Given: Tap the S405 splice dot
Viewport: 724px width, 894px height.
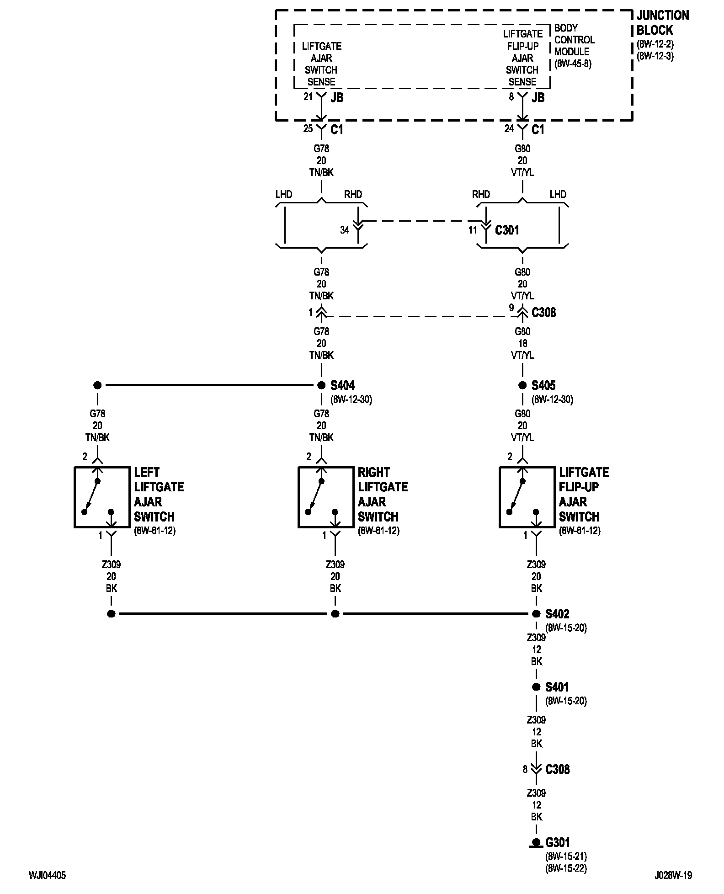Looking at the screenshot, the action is point(522,385).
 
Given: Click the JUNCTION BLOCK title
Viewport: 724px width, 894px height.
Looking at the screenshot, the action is point(663,23).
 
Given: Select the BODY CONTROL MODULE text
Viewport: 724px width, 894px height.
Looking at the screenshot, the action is point(575,40).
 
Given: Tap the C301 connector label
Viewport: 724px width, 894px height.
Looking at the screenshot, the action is point(507,230).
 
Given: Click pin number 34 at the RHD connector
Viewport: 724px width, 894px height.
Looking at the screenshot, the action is point(345,230).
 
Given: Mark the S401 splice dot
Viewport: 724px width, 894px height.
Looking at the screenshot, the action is point(536,687).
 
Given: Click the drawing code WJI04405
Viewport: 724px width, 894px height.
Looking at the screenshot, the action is point(48,875).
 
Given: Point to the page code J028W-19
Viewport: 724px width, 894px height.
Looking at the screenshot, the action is point(673,875).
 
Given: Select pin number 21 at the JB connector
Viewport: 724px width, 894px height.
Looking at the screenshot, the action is point(308,96).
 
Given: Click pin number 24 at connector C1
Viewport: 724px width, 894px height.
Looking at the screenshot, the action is point(509,129).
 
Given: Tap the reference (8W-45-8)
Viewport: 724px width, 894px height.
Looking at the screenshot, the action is point(573,64).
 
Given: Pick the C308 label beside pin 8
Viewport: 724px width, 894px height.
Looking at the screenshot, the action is point(558,769).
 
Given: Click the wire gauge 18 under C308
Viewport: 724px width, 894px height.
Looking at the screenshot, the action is point(522,343).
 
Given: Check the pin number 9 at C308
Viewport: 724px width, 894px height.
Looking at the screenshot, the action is point(511,309).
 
